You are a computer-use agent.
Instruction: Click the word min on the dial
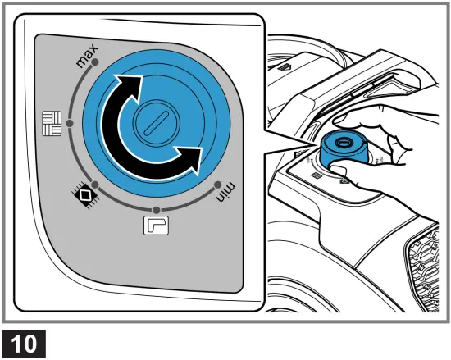point(225,193)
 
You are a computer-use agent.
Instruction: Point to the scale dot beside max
point(97,62)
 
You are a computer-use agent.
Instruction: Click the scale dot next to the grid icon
point(70,123)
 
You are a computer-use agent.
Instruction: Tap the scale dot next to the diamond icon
point(96,185)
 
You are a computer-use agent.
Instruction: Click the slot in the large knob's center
point(153,125)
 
